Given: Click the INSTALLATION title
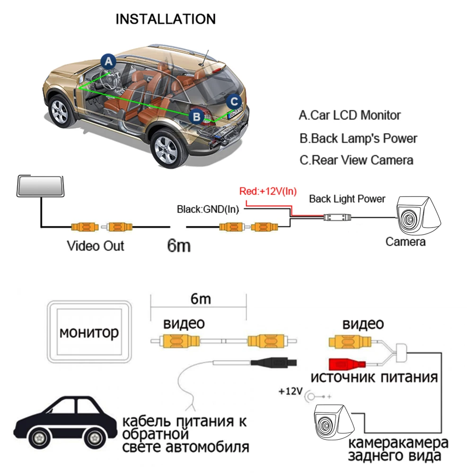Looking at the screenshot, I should [x=166, y=19].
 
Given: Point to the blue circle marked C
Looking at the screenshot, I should [x=233, y=101].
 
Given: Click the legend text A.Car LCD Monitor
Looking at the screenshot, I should [x=350, y=115].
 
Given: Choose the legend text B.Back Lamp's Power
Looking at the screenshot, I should [x=358, y=139].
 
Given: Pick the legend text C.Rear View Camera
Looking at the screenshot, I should [x=356, y=160].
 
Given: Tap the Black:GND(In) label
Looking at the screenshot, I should [x=208, y=209].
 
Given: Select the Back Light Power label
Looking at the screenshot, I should [x=347, y=199].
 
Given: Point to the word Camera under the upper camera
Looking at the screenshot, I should [x=405, y=242].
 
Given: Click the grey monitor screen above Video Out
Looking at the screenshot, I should [x=40, y=186].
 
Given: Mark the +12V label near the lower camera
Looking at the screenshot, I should [x=289, y=392].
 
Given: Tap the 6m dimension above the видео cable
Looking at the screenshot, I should [x=199, y=299].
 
